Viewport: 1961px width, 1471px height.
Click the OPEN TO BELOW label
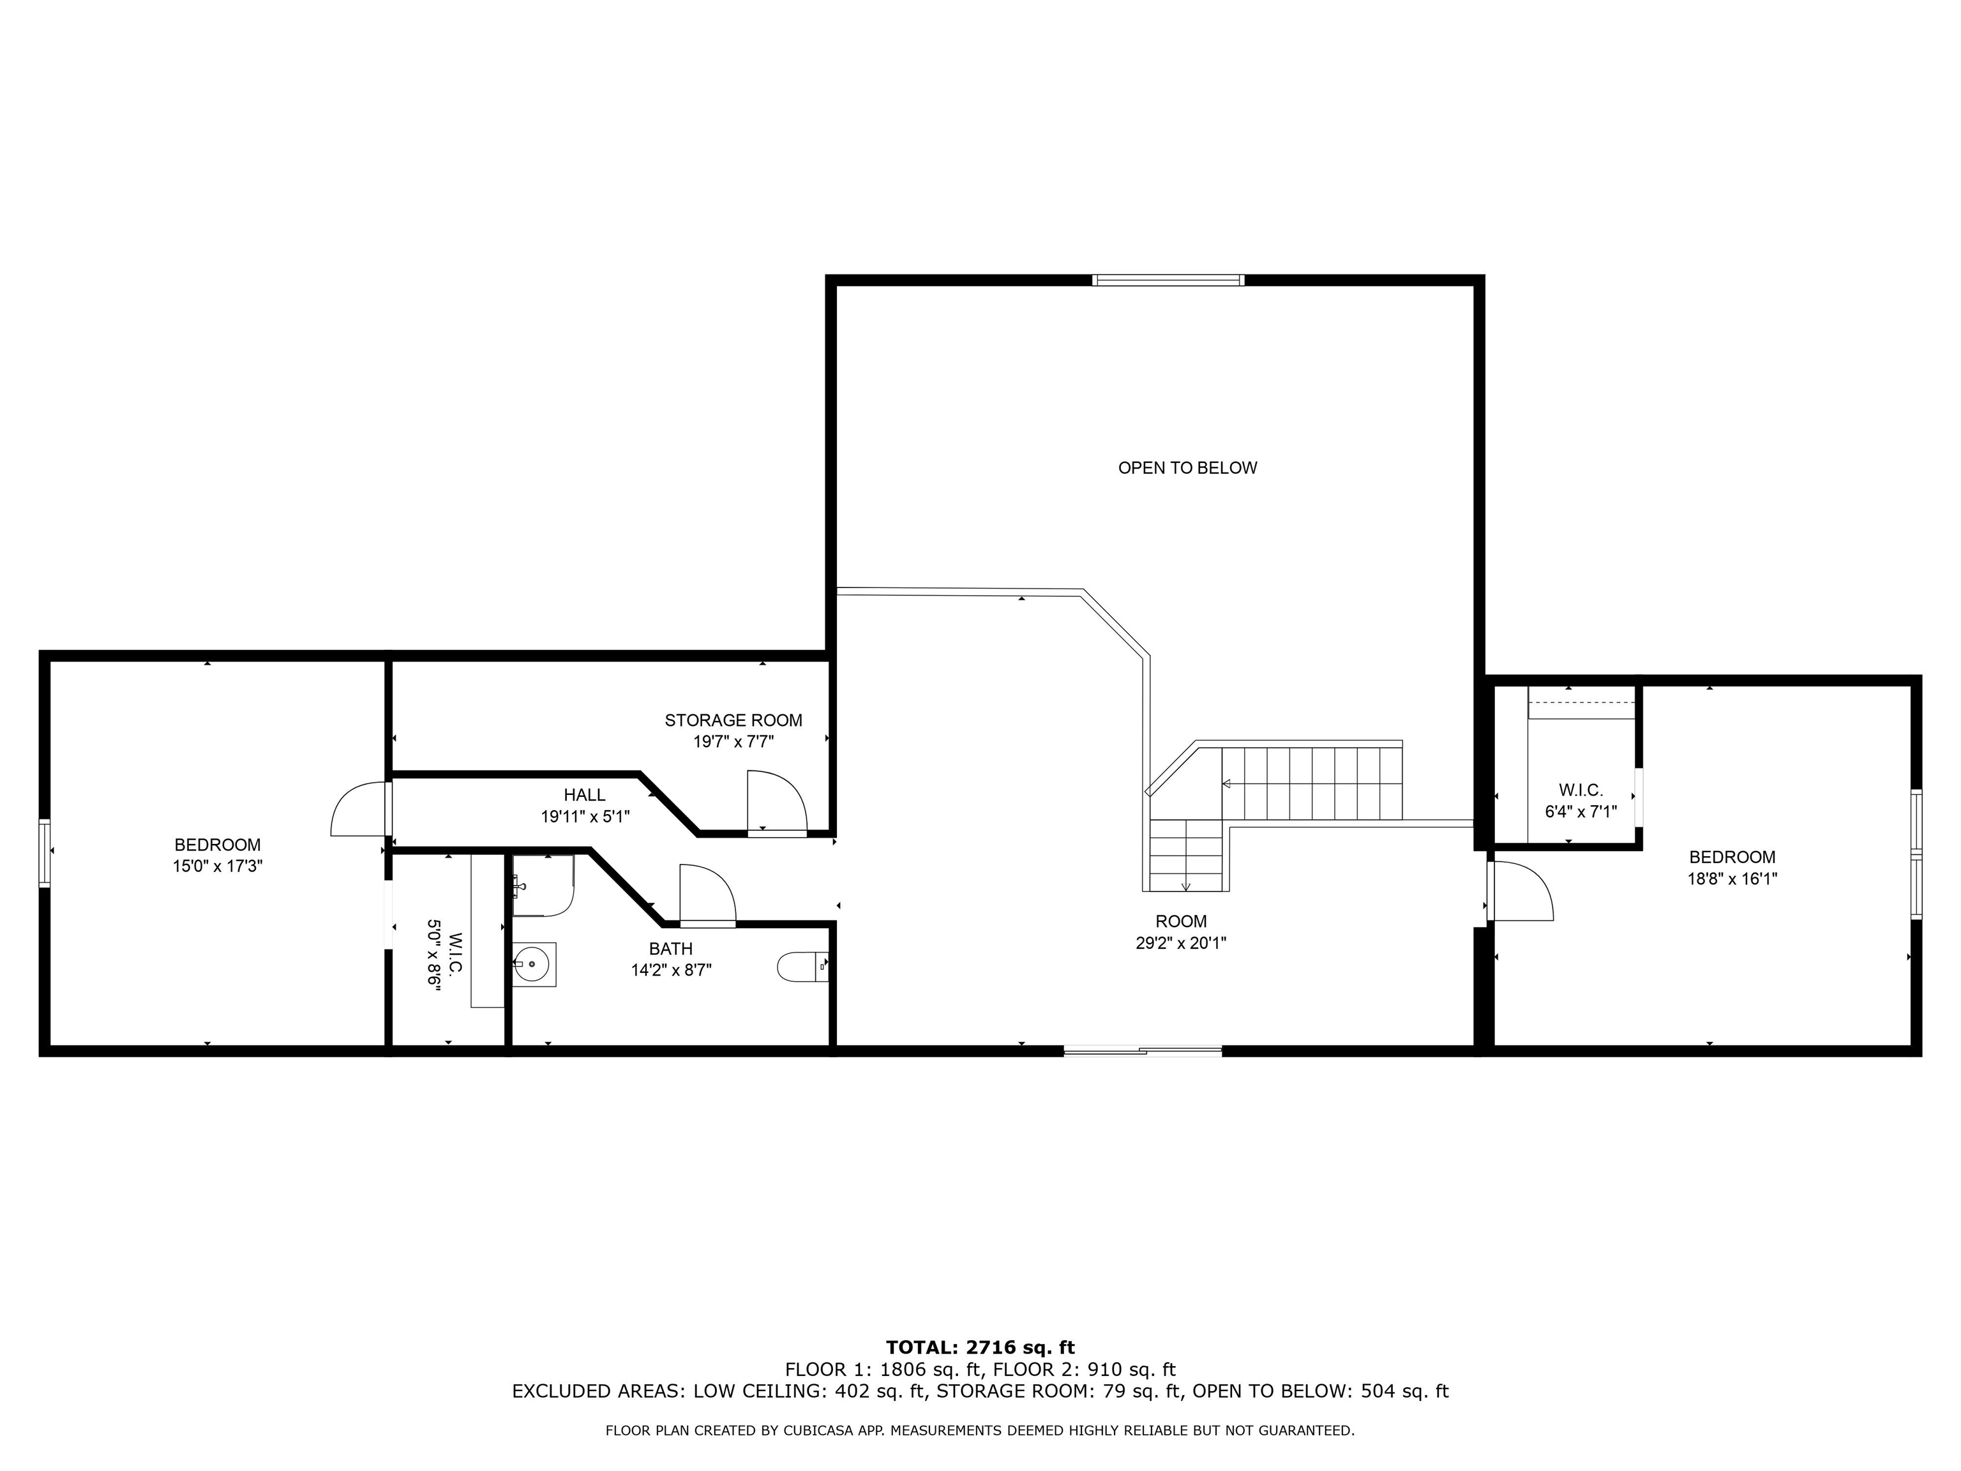point(1187,468)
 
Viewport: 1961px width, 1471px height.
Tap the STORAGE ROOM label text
point(733,721)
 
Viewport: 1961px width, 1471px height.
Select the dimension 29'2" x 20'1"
point(1181,944)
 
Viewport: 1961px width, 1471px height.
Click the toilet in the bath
point(801,967)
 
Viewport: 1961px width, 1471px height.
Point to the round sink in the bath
point(534,964)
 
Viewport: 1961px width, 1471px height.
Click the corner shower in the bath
point(543,886)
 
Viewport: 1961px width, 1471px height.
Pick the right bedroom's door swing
point(1521,891)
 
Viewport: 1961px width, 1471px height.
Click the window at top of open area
point(1168,280)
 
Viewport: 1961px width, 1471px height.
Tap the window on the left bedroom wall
point(44,853)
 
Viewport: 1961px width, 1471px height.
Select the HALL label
point(584,796)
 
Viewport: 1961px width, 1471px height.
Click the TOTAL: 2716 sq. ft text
point(980,1348)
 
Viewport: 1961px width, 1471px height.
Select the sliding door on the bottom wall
point(1142,1052)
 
